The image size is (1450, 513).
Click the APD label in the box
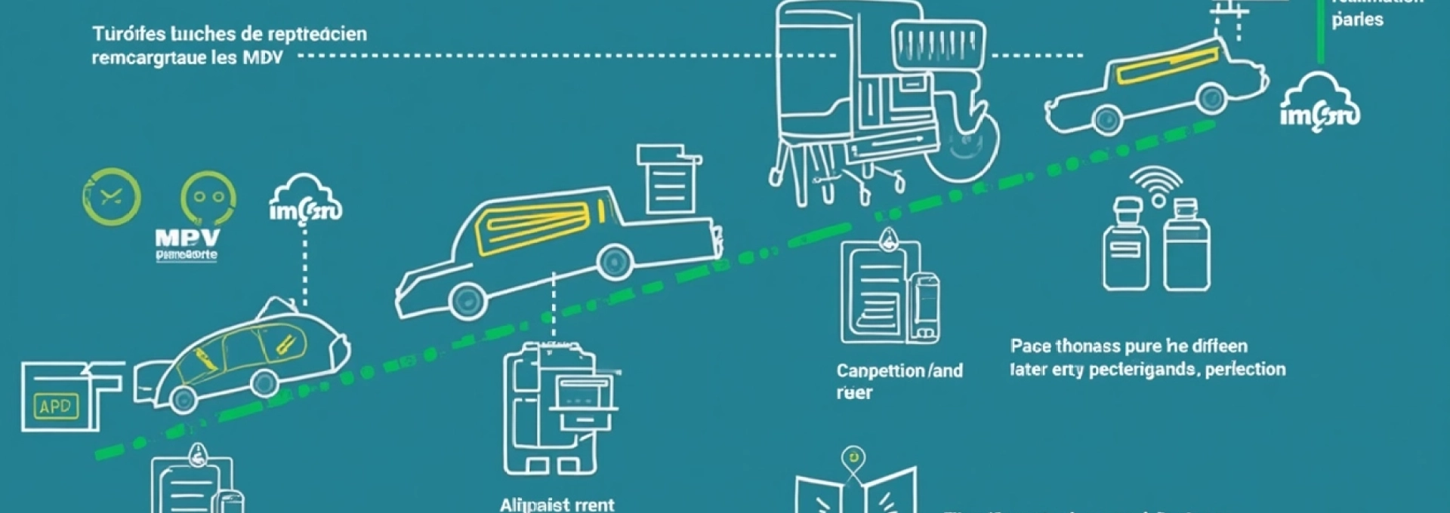point(56,407)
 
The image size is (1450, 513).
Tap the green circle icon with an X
point(111,197)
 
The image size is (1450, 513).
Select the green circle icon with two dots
point(208,198)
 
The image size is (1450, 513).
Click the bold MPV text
point(187,239)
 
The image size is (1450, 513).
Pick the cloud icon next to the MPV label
point(305,200)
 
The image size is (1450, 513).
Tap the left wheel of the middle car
point(467,300)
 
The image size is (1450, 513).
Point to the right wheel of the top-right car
point(1212,98)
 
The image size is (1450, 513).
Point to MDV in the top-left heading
point(263,58)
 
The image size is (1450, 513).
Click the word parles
point(1357,20)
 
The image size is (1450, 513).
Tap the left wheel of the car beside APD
point(184,399)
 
